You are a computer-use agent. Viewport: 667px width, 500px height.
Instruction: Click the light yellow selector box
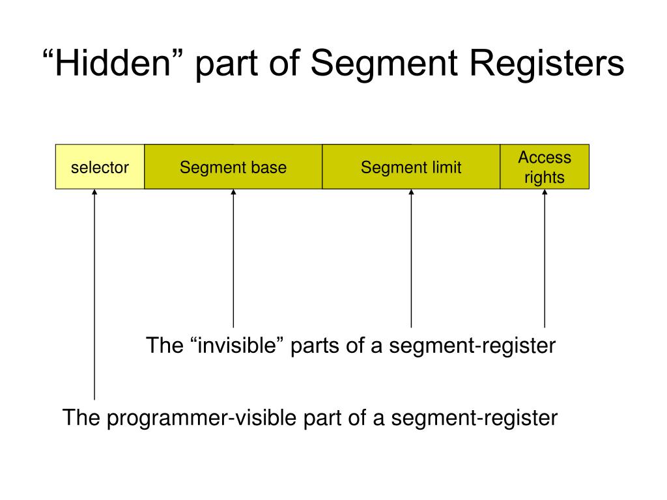pos(100,167)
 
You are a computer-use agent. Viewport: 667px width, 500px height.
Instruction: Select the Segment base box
pos(233,167)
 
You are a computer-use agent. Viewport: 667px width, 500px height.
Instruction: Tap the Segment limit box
pos(411,167)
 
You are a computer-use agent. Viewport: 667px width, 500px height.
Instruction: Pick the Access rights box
pos(545,167)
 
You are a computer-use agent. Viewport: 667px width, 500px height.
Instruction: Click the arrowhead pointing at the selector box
pos(94,193)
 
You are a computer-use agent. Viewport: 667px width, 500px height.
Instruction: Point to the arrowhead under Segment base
pos(233,193)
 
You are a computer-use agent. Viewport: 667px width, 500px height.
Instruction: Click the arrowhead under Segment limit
pos(411,193)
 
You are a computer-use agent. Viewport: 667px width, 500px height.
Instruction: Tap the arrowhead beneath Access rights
pos(545,193)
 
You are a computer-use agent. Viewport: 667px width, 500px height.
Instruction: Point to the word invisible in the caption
pos(237,345)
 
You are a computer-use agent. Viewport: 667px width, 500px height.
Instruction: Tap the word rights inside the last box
pos(545,178)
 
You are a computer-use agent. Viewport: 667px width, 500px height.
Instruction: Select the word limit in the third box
pos(446,167)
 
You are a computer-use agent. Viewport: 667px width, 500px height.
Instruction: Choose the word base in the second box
pos(270,167)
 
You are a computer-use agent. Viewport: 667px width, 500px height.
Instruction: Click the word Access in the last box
pos(545,158)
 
